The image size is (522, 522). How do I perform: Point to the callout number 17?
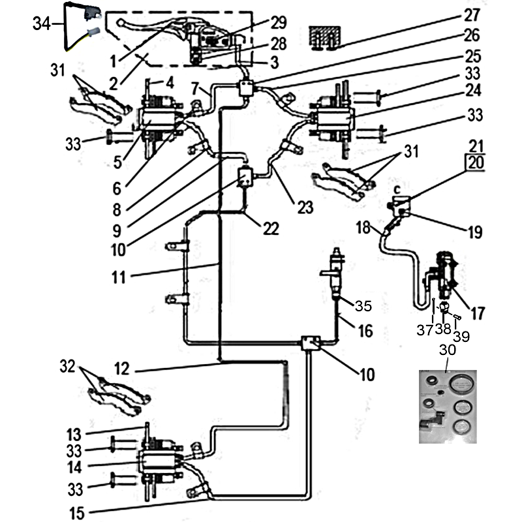(478, 314)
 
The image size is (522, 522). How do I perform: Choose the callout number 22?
(271, 228)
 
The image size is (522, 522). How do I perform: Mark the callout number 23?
(305, 207)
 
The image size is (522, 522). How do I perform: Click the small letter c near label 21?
(397, 185)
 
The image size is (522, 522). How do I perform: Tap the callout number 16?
(365, 331)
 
